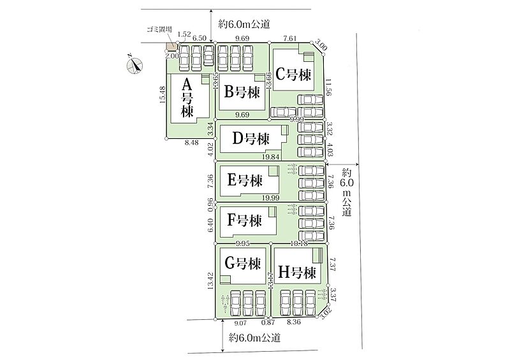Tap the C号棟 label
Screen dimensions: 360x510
point(293,75)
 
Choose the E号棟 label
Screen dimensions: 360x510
point(245,180)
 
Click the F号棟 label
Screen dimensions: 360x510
point(245,221)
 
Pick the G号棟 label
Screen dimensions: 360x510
point(241,262)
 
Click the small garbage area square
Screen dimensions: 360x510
point(171,47)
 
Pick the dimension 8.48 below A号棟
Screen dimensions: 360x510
point(191,143)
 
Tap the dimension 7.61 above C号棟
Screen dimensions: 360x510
point(290,38)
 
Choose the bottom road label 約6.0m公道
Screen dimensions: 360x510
point(255,336)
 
